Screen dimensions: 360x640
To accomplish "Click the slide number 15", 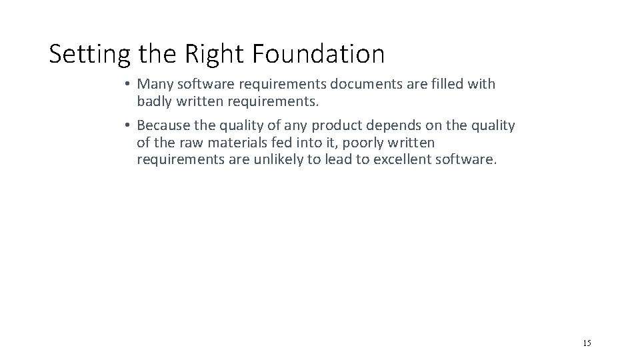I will tap(587, 343).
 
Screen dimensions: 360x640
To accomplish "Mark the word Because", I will tap(163, 126).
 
